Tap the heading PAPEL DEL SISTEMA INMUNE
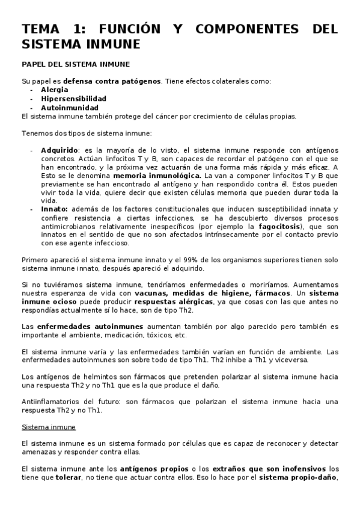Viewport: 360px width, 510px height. click(75, 64)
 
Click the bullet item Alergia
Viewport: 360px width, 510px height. click(55, 90)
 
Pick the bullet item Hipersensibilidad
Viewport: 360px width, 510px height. click(73, 99)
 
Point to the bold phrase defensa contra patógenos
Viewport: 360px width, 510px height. click(112, 81)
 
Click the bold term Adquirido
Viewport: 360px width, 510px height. click(59, 150)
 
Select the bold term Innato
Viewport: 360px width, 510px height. click(54, 209)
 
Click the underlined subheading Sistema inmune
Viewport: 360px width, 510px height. click(49, 427)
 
